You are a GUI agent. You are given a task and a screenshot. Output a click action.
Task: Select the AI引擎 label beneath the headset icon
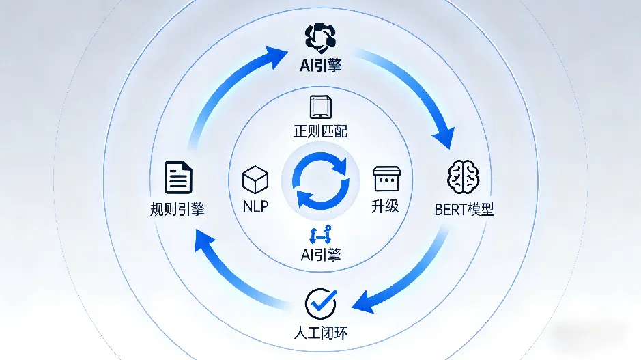click(x=319, y=66)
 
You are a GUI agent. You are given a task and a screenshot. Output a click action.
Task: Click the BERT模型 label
click(x=464, y=208)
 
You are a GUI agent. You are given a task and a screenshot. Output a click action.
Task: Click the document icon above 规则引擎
click(x=179, y=177)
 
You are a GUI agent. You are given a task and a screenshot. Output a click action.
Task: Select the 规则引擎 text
click(x=177, y=208)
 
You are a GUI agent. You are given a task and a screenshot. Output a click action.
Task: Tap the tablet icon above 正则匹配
click(x=320, y=107)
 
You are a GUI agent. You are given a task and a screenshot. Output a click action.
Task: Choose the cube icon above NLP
click(x=254, y=179)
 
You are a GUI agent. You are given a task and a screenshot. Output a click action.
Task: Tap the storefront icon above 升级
click(x=385, y=178)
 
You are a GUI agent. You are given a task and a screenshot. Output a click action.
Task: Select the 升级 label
click(x=385, y=205)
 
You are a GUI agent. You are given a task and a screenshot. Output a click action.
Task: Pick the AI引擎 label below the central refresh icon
click(x=320, y=255)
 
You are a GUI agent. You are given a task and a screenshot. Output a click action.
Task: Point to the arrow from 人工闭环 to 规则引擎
click(x=232, y=273)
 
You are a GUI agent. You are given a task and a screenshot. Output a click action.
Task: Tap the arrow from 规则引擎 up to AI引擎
click(x=218, y=89)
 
